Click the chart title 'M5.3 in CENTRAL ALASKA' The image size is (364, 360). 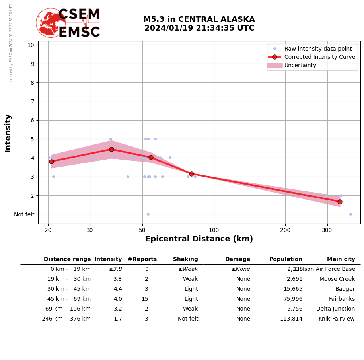[x=199, y=19]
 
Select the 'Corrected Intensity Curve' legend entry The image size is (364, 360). [x=319, y=57]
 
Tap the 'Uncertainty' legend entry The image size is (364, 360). [x=300, y=65]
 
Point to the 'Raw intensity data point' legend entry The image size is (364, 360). [x=318, y=49]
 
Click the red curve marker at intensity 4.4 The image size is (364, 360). [x=111, y=149]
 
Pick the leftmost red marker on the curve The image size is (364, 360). [x=51, y=162]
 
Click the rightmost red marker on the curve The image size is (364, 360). [x=340, y=202]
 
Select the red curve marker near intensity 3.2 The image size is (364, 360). [x=191, y=174]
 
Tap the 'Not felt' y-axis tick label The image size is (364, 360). [x=24, y=214]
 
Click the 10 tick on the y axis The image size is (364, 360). [x=31, y=45]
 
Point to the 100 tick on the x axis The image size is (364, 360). [x=214, y=230]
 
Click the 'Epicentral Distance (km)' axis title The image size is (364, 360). [x=199, y=239]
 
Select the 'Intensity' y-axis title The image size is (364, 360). [x=8, y=133]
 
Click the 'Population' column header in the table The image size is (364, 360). [x=286, y=259]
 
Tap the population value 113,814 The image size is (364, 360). [x=291, y=319]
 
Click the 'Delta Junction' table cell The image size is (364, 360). [x=335, y=309]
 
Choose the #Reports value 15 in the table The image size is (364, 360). [x=145, y=299]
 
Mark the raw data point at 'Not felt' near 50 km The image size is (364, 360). [x=148, y=214]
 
